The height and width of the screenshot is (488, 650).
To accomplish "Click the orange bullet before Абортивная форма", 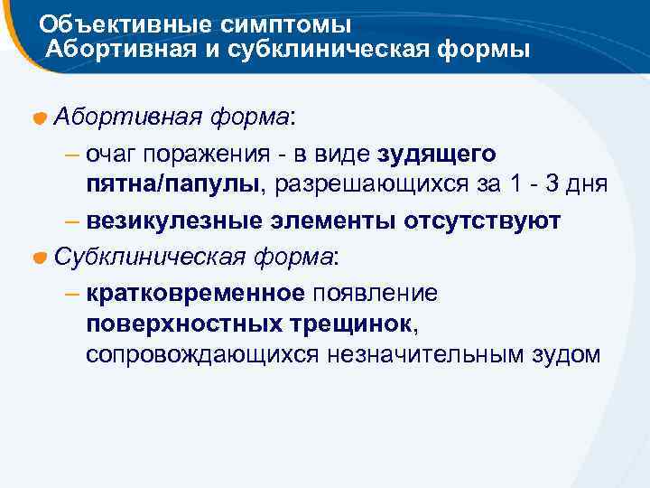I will coord(41,119).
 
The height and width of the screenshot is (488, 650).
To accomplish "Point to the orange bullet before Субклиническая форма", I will coord(41,258).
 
